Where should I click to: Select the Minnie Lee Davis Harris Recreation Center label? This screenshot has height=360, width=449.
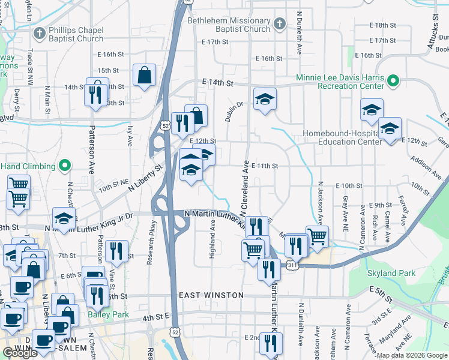point(340,82)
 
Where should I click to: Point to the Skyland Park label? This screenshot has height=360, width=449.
point(391,273)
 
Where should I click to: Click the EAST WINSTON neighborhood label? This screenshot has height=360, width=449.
point(211,295)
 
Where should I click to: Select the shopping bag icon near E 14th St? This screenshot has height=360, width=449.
point(145,75)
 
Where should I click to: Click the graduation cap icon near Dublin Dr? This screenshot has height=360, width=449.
point(264,99)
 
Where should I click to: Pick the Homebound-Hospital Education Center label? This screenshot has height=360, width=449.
point(342,137)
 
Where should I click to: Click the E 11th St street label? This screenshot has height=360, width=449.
point(265,166)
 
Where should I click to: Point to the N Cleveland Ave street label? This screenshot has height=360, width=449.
point(244,188)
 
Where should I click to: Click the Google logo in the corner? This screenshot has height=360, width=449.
point(20,353)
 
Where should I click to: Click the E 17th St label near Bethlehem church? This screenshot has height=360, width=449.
point(215,42)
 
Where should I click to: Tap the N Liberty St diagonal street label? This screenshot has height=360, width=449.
point(145,178)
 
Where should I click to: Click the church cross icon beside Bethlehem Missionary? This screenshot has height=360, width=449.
point(279,24)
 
